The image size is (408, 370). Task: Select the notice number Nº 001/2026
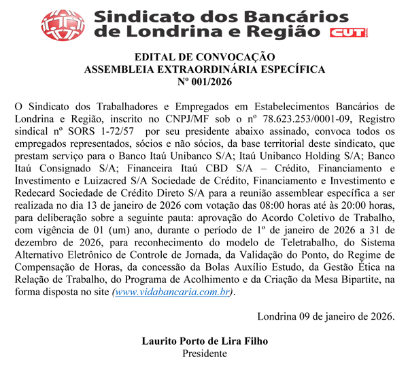204,82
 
